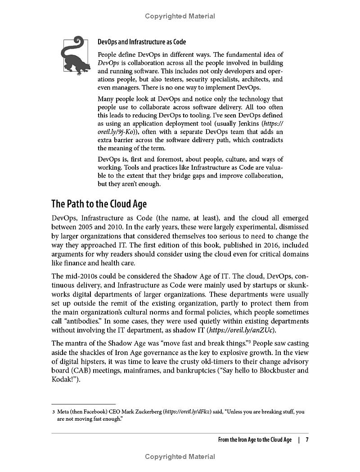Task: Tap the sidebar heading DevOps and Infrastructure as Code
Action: pyautogui.click(x=142, y=42)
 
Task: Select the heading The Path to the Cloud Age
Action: pyautogui.click(x=99, y=204)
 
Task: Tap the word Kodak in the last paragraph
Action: pyautogui.click(x=62, y=380)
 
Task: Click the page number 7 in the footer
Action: pyautogui.click(x=307, y=440)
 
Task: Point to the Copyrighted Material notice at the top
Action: pyautogui.click(x=180, y=16)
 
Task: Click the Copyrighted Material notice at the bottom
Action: pyautogui.click(x=180, y=457)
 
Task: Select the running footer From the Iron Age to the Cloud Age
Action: pyautogui.click(x=255, y=440)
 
